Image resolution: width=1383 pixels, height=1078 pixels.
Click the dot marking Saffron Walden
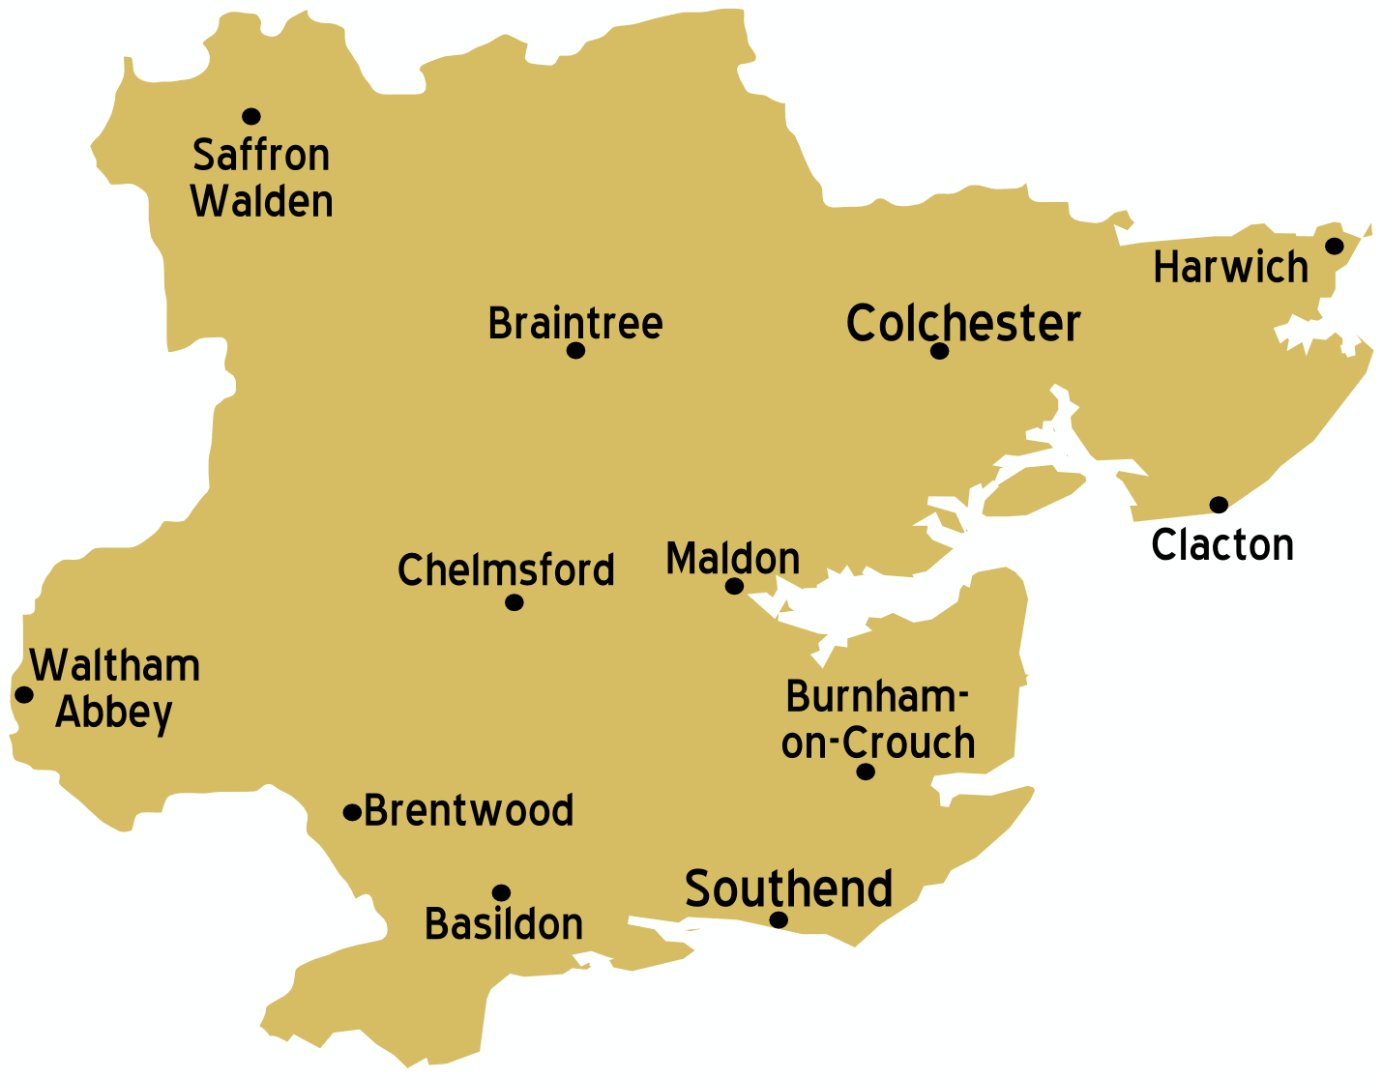click(x=251, y=116)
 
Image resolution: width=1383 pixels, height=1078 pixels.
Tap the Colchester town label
click(x=962, y=323)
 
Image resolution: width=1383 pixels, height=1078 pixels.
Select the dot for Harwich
click(x=1334, y=246)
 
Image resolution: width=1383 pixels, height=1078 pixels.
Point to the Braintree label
click(x=575, y=323)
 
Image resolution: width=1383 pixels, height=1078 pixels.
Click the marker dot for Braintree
click(x=575, y=350)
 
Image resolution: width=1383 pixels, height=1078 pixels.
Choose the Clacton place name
click(x=1222, y=545)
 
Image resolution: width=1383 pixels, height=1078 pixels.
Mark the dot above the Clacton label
click(x=1219, y=505)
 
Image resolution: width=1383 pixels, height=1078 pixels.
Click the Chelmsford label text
click(x=506, y=570)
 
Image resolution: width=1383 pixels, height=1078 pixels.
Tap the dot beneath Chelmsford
click(x=515, y=602)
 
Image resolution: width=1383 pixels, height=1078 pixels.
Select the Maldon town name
click(x=733, y=559)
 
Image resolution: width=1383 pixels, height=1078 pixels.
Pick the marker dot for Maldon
click(x=734, y=586)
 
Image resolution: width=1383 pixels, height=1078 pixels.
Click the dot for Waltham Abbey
click(x=24, y=694)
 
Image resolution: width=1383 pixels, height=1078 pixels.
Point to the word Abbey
click(x=114, y=713)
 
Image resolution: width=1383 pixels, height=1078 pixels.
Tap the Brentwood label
click(x=469, y=810)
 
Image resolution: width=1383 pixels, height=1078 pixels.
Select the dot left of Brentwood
click(x=352, y=812)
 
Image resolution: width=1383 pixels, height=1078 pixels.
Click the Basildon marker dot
click(x=501, y=892)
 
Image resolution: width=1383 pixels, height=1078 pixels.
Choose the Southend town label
click(x=788, y=889)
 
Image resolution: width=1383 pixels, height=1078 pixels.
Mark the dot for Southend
click(x=779, y=919)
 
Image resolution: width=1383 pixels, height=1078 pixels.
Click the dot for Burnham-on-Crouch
click(x=866, y=772)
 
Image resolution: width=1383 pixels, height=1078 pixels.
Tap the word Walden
click(x=262, y=201)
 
